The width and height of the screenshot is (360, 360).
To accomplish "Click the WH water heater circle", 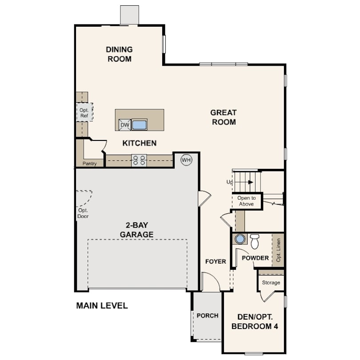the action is pos(186,160).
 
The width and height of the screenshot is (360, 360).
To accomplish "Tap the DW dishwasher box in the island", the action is pos(125,125).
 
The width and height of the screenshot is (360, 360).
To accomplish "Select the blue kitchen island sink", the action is pos(140,125).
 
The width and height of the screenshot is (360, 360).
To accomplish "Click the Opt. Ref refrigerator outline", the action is pos(84,112).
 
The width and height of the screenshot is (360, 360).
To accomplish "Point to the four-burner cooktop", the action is pos(139,160).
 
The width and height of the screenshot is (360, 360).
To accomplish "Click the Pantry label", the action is pos(89,164).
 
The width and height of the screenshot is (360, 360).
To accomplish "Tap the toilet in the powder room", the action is pos(254,241).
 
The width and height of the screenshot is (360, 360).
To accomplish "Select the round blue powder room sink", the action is pos(240,239).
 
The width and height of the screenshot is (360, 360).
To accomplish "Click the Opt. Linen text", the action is pos(279,250).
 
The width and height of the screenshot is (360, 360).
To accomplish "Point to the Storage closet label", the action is pos(271,283).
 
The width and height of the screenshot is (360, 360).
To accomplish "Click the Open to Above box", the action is pos(247,201).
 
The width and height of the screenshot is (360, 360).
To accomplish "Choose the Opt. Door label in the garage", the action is pos(83,213).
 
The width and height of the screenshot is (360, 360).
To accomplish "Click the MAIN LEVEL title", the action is pos(102,306).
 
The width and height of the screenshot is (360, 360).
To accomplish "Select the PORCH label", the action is pos(208,316).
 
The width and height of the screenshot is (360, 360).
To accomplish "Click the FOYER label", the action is pos(216,261).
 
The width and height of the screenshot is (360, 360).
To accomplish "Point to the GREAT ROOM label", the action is pos(224,117).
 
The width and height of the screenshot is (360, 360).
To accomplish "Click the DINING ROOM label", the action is pos(120,54).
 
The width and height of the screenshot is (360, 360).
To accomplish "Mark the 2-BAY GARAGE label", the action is pos(136,230).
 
